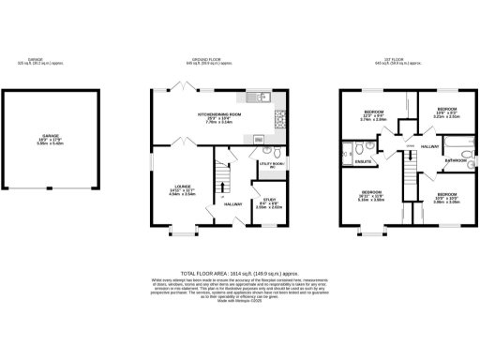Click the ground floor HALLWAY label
233,203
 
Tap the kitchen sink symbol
258,97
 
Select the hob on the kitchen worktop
279,117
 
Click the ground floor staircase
223,178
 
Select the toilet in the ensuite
348,151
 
